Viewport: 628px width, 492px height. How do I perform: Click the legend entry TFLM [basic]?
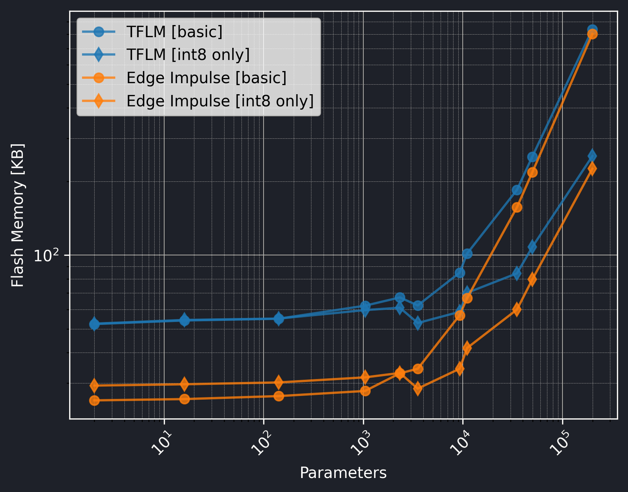click(x=174, y=32)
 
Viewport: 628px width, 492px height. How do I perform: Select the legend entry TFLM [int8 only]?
click(x=188, y=55)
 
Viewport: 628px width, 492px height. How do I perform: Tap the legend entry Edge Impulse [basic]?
click(x=206, y=78)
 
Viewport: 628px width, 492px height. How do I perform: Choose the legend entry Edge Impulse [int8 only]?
click(x=220, y=101)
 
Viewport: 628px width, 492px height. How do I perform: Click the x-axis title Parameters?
click(x=343, y=473)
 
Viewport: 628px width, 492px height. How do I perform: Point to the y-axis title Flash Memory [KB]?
click(x=18, y=215)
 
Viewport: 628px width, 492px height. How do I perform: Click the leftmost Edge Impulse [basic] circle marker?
click(x=94, y=400)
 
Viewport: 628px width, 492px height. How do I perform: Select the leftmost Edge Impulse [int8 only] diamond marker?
click(x=94, y=385)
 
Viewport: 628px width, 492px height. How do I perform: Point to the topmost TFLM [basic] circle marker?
click(x=592, y=29)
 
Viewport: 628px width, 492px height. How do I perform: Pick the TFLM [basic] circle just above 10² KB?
click(x=467, y=254)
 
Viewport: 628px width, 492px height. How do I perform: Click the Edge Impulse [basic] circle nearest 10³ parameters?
click(x=365, y=391)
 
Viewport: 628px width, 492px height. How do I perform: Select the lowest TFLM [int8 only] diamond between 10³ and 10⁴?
click(x=418, y=323)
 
